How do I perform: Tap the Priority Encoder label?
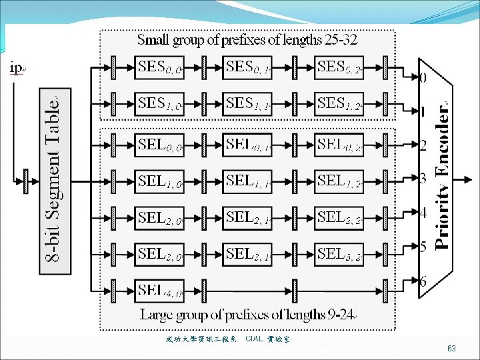tap(442, 177)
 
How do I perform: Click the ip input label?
tap(16, 67)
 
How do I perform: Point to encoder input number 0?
tap(423, 78)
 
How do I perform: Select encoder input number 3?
tap(423, 178)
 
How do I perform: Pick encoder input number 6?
tap(423, 282)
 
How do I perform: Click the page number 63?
tap(451, 349)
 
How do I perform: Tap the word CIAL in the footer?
tap(255, 339)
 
